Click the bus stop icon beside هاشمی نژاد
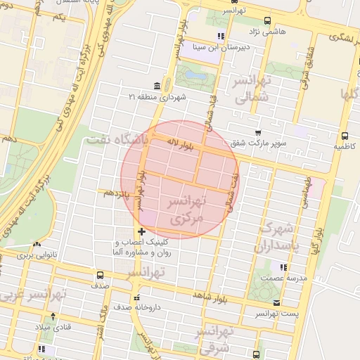pos(267,21)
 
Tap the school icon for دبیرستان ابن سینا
pos(221,35)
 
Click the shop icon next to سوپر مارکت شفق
pos(258,132)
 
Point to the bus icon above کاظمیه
pos(345,136)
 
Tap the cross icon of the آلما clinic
pos(142,231)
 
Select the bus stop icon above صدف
pos(100,275)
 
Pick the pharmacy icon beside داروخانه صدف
pos(138,297)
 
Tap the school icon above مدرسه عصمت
pos(284,267)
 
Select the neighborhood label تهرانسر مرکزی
pos(185,210)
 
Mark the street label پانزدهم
pos(116,192)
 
